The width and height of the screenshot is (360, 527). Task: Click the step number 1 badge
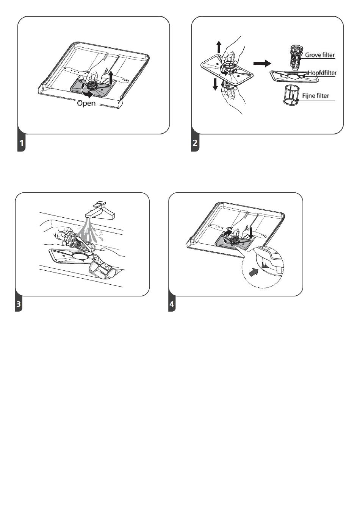[x=22, y=143]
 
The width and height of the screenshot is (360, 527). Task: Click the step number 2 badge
[x=195, y=143]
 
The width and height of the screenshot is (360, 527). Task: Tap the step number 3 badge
[x=19, y=304]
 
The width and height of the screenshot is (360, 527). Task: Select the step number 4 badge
[x=172, y=304]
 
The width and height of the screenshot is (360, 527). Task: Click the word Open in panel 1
[x=86, y=103]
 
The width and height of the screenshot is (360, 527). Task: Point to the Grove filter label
[x=320, y=55]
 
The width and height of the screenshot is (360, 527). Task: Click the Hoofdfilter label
[x=322, y=73]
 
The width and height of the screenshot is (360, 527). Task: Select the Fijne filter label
[x=316, y=96]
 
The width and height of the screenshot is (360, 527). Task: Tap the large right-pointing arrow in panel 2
[x=262, y=63]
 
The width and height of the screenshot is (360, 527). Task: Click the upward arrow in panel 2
[x=219, y=47]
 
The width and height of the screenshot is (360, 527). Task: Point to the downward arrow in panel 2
[x=215, y=84]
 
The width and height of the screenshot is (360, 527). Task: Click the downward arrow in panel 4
[x=251, y=233]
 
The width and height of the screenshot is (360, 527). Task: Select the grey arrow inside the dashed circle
[x=254, y=273]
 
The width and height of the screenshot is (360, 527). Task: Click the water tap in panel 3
[x=100, y=210]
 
